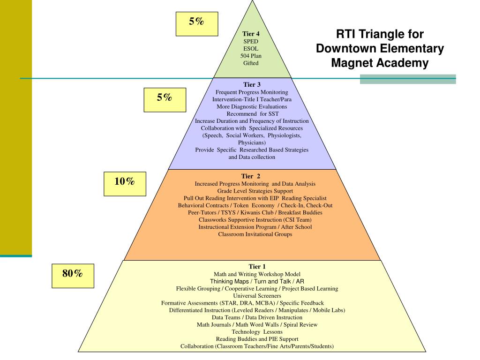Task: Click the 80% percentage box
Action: (x=73, y=275)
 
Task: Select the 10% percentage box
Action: (x=125, y=183)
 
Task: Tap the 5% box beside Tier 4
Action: (x=197, y=24)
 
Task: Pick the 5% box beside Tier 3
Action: (x=165, y=100)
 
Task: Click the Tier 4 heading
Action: (x=251, y=34)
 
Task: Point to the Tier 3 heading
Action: (x=252, y=85)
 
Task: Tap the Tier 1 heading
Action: (x=257, y=267)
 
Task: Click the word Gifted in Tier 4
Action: (x=251, y=63)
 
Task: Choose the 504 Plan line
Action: (x=251, y=56)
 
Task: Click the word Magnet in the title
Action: (x=349, y=63)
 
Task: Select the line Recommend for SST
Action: (x=252, y=114)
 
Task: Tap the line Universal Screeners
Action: (x=257, y=296)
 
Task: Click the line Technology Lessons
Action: (x=257, y=332)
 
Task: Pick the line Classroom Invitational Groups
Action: (x=255, y=234)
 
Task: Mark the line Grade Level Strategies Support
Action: (x=255, y=191)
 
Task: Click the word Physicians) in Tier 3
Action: (x=252, y=142)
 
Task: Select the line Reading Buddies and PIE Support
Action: (x=257, y=339)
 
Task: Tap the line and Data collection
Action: (x=252, y=157)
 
